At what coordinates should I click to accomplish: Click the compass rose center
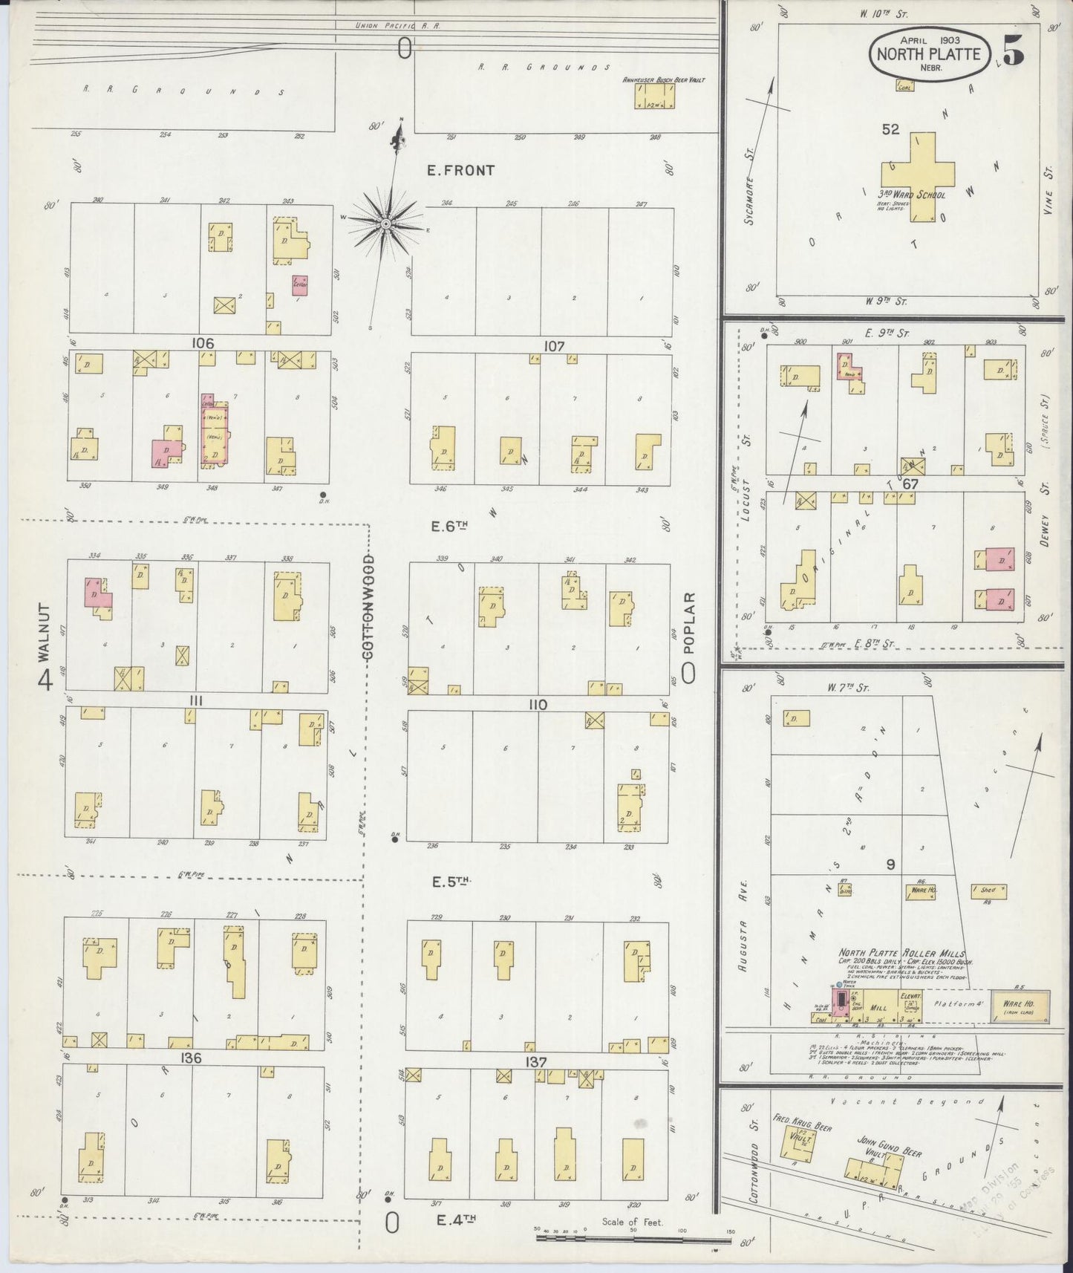click(x=386, y=223)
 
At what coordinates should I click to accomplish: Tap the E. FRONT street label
click(x=460, y=170)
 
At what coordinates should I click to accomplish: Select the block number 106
click(x=202, y=343)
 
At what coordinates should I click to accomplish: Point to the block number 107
click(x=554, y=346)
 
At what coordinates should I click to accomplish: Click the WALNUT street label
click(x=45, y=632)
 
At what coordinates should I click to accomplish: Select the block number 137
click(x=536, y=1063)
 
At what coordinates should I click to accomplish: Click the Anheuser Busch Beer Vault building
click(x=655, y=96)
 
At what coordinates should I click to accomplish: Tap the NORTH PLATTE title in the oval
click(x=929, y=53)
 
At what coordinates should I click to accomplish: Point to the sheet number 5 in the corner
click(x=1014, y=51)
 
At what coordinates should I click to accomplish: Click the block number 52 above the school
click(x=890, y=129)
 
